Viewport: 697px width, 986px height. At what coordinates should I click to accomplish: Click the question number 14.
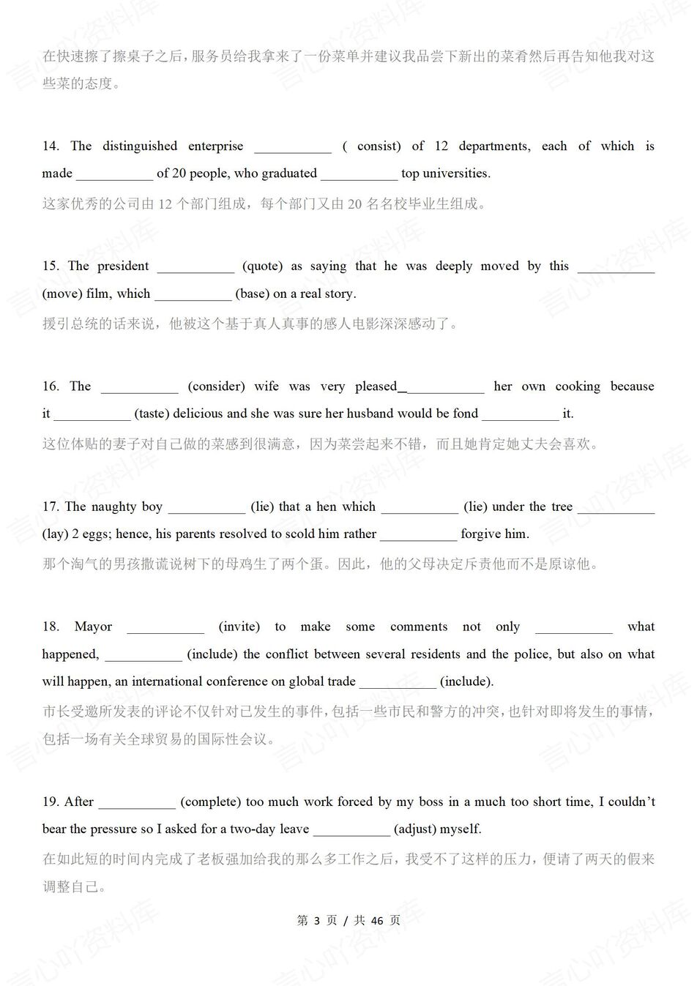[50, 146]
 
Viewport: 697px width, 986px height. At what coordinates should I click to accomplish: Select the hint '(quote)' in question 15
[263, 266]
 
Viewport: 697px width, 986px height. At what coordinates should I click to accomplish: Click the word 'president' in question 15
[123, 266]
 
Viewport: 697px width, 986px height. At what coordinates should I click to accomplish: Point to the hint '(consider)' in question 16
[216, 386]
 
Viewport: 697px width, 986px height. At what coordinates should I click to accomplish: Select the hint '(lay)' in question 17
[55, 534]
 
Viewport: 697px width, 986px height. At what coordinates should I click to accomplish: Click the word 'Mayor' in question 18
[93, 627]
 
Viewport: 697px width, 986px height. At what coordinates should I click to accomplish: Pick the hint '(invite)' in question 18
[239, 627]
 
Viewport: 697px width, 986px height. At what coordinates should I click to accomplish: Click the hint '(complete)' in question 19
[210, 802]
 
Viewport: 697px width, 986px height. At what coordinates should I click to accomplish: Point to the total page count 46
[377, 920]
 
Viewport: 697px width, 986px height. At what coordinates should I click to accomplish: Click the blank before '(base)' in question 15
[193, 294]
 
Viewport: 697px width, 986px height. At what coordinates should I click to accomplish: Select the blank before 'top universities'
[359, 174]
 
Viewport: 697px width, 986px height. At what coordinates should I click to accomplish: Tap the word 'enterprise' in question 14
[215, 146]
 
